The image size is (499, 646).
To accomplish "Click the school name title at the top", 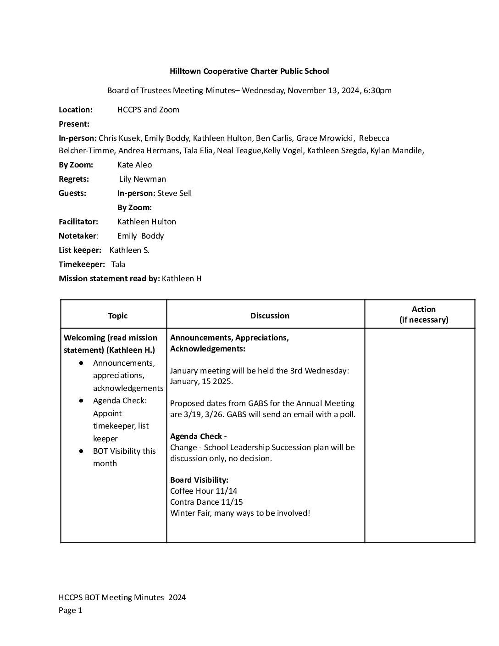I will [x=249, y=71].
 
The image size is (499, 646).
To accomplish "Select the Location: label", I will [x=76, y=110].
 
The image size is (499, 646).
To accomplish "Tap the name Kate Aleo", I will [x=134, y=165].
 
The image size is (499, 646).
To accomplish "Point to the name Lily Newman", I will [x=142, y=179].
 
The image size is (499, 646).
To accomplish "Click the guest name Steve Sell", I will [x=174, y=193].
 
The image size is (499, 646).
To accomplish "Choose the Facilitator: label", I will [x=78, y=222].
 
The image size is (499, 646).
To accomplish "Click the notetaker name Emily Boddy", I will [x=140, y=236].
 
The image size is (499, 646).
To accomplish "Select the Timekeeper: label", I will [x=82, y=264].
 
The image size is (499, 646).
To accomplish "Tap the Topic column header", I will [x=118, y=316].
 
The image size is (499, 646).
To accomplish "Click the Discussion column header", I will [x=270, y=316].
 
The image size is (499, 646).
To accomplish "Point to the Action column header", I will [x=423, y=314].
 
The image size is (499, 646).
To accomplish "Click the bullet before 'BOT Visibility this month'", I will [x=81, y=451].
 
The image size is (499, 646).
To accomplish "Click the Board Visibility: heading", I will [x=199, y=480].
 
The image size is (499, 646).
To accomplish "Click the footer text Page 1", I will [x=71, y=610].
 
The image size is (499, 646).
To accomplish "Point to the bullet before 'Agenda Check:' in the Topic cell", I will [x=81, y=401].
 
